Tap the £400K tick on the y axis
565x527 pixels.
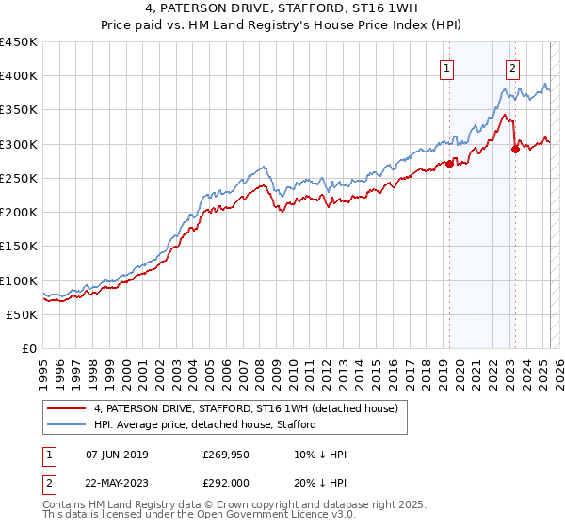tap(19, 76)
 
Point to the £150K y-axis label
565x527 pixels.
tap(19, 247)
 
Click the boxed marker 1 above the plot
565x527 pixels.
tap(445, 68)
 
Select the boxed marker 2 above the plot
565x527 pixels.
tap(512, 68)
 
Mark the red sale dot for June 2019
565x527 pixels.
tap(449, 164)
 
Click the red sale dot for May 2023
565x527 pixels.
tap(515, 149)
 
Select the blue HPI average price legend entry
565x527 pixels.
tap(204, 424)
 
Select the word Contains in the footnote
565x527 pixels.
tap(65, 506)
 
